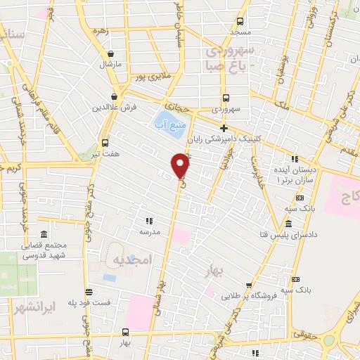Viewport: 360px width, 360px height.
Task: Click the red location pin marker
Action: point(181,166)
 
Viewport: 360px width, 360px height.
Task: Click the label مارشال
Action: point(110,64)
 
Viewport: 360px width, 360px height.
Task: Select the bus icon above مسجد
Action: point(240,22)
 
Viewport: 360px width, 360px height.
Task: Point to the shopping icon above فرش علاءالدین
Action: point(114,97)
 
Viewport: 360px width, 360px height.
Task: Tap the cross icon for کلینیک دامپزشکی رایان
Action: point(224,129)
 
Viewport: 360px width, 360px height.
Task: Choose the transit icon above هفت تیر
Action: point(105,140)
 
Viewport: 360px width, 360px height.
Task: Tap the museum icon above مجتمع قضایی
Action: point(44,234)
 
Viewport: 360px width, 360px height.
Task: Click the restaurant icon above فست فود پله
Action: point(88,292)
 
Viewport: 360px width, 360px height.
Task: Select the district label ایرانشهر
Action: point(34,307)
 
